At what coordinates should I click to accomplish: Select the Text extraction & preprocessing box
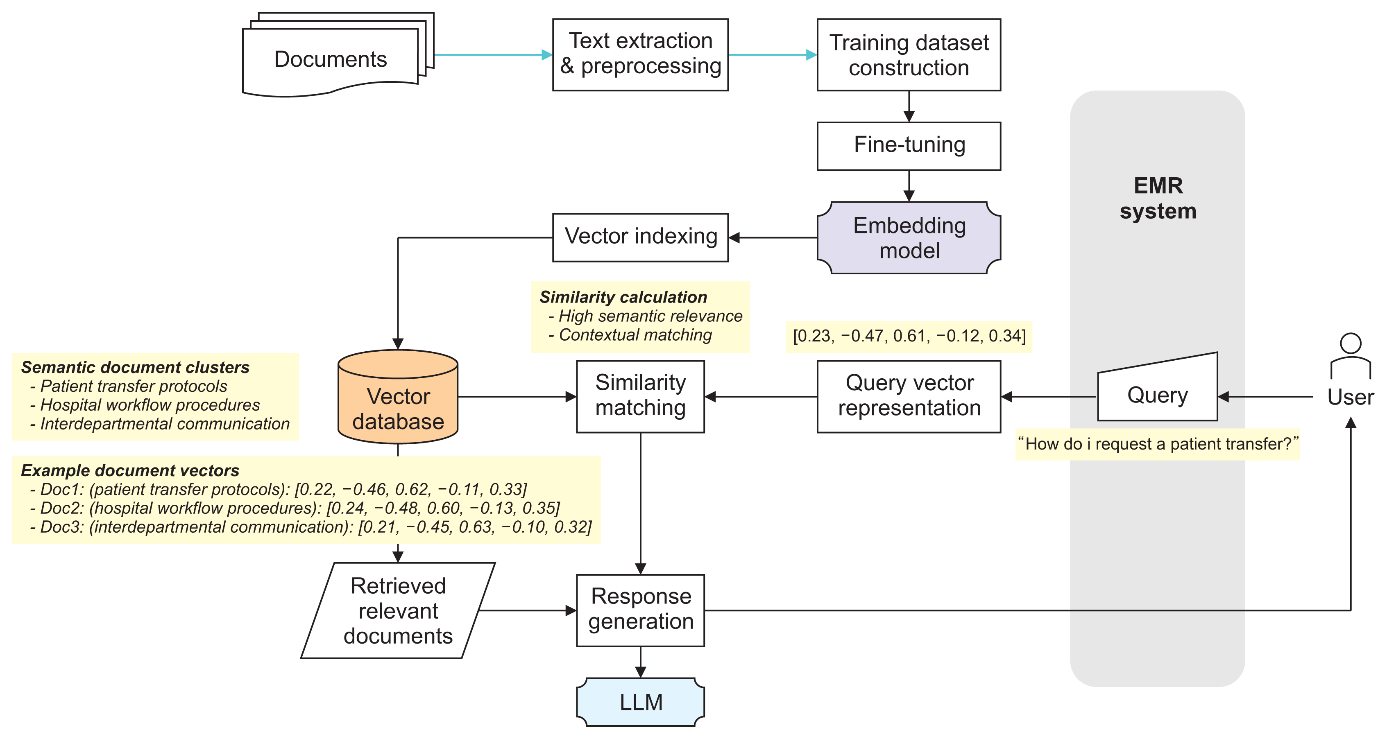click(x=640, y=54)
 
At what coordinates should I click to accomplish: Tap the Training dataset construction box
click(x=909, y=54)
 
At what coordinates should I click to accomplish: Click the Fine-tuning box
click(x=909, y=146)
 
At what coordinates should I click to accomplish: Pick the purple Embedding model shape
click(x=909, y=238)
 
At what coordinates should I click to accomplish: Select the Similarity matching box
click(x=640, y=396)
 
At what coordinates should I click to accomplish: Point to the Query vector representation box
click(x=909, y=396)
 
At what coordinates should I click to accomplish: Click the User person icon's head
click(x=1351, y=344)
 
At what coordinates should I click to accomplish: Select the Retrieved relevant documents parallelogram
click(x=398, y=610)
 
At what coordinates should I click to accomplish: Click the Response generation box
click(x=640, y=610)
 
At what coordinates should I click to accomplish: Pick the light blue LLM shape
click(x=640, y=702)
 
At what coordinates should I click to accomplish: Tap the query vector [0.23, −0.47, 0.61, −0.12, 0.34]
click(x=909, y=336)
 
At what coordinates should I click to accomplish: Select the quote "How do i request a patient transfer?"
click(x=1158, y=444)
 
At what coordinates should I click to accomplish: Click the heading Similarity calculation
click(x=623, y=297)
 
